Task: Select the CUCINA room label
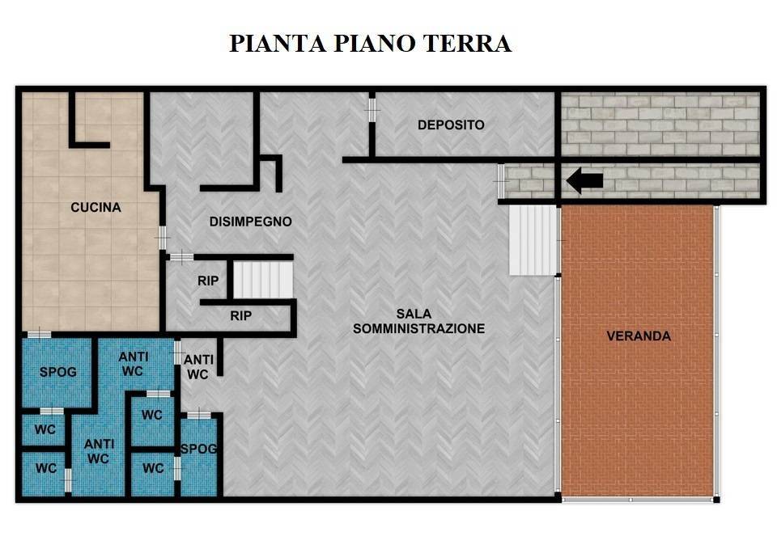pyautogui.click(x=96, y=208)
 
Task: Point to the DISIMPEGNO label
pyautogui.click(x=250, y=222)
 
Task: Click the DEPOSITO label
pyautogui.click(x=451, y=125)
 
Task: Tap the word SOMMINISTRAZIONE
pyautogui.click(x=418, y=328)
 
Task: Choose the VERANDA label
pyautogui.click(x=639, y=336)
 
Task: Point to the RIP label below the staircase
pyautogui.click(x=240, y=316)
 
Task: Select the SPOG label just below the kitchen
pyautogui.click(x=58, y=372)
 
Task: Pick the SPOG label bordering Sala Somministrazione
pyautogui.click(x=198, y=450)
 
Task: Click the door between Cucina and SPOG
pyautogui.click(x=38, y=335)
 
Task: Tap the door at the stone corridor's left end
pyautogui.click(x=501, y=180)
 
